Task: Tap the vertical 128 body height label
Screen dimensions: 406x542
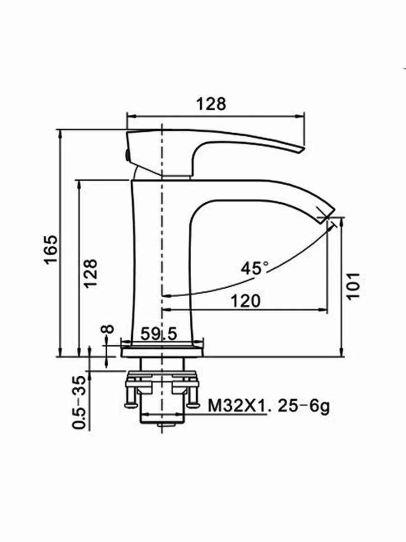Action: pos(91,273)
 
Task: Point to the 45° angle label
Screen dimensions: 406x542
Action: pos(254,268)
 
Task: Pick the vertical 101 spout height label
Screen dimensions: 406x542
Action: pos(353,286)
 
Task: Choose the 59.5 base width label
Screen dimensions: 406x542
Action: pos(159,334)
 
